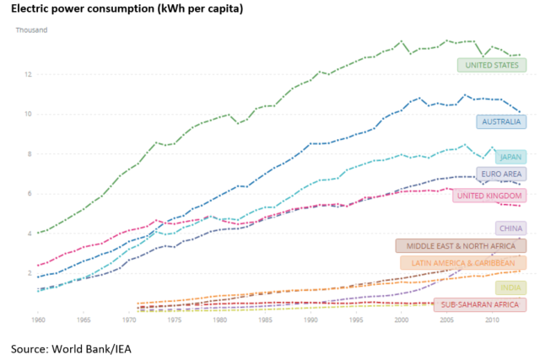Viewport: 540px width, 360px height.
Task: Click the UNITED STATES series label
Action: [x=492, y=65]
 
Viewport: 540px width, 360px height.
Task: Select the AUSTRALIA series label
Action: [x=502, y=121]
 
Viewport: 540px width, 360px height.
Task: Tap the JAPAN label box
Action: [x=510, y=157]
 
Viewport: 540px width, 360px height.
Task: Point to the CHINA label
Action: [x=510, y=228]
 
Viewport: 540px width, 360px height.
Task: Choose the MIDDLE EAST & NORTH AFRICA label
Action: [x=461, y=246]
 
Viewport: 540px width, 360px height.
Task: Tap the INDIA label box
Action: [x=510, y=287]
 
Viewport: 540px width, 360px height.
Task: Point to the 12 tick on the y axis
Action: [x=27, y=74]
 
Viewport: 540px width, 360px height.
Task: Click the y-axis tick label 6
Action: [x=29, y=193]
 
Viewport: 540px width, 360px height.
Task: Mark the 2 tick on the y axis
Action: [x=29, y=273]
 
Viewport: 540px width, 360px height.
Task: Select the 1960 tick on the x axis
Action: [x=38, y=320]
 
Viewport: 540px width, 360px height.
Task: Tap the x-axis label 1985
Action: [x=265, y=320]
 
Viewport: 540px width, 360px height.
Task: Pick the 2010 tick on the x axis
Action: [x=492, y=320]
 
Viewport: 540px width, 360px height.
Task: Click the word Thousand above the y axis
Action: [x=32, y=30]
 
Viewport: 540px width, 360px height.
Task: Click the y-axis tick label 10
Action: [x=27, y=114]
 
